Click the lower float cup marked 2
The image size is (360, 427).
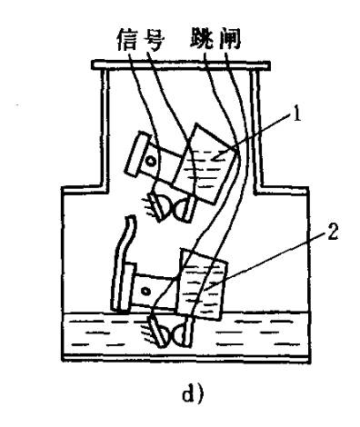click(x=205, y=283)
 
